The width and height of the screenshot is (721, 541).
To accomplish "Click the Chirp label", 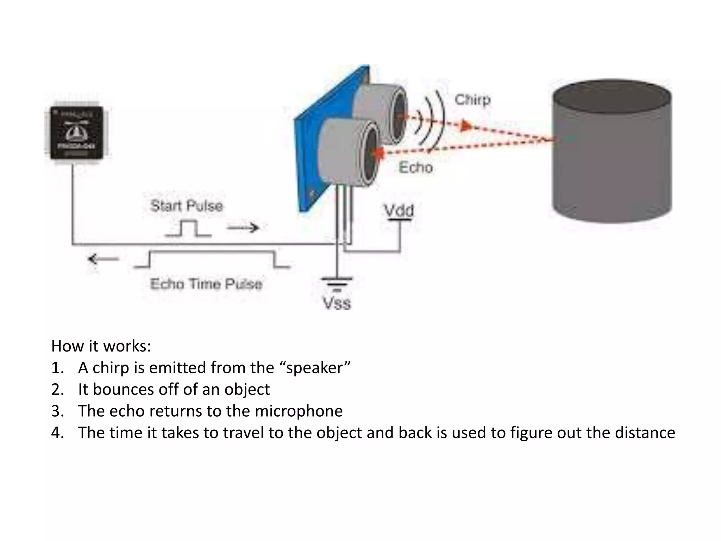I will pos(472,100).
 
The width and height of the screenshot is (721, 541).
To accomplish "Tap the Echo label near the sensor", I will pos(415,167).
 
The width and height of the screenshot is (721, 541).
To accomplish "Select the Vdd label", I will pos(399,211).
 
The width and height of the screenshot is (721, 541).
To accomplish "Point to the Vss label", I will pos(337,303).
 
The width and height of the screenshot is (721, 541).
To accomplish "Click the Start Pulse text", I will pos(187,206).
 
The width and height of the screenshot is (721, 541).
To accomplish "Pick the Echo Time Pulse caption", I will pos(206,284).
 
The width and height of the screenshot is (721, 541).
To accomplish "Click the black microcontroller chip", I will pos(77,133).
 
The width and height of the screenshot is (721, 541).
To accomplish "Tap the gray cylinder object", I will pos(612,151).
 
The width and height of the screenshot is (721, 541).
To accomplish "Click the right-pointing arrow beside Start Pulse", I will pos(243,228).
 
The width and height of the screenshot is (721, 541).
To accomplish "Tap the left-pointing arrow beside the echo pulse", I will pos(103,260).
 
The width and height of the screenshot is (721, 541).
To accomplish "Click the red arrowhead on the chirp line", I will pos(466,126).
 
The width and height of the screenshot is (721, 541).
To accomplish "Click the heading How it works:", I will pos(101,346).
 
